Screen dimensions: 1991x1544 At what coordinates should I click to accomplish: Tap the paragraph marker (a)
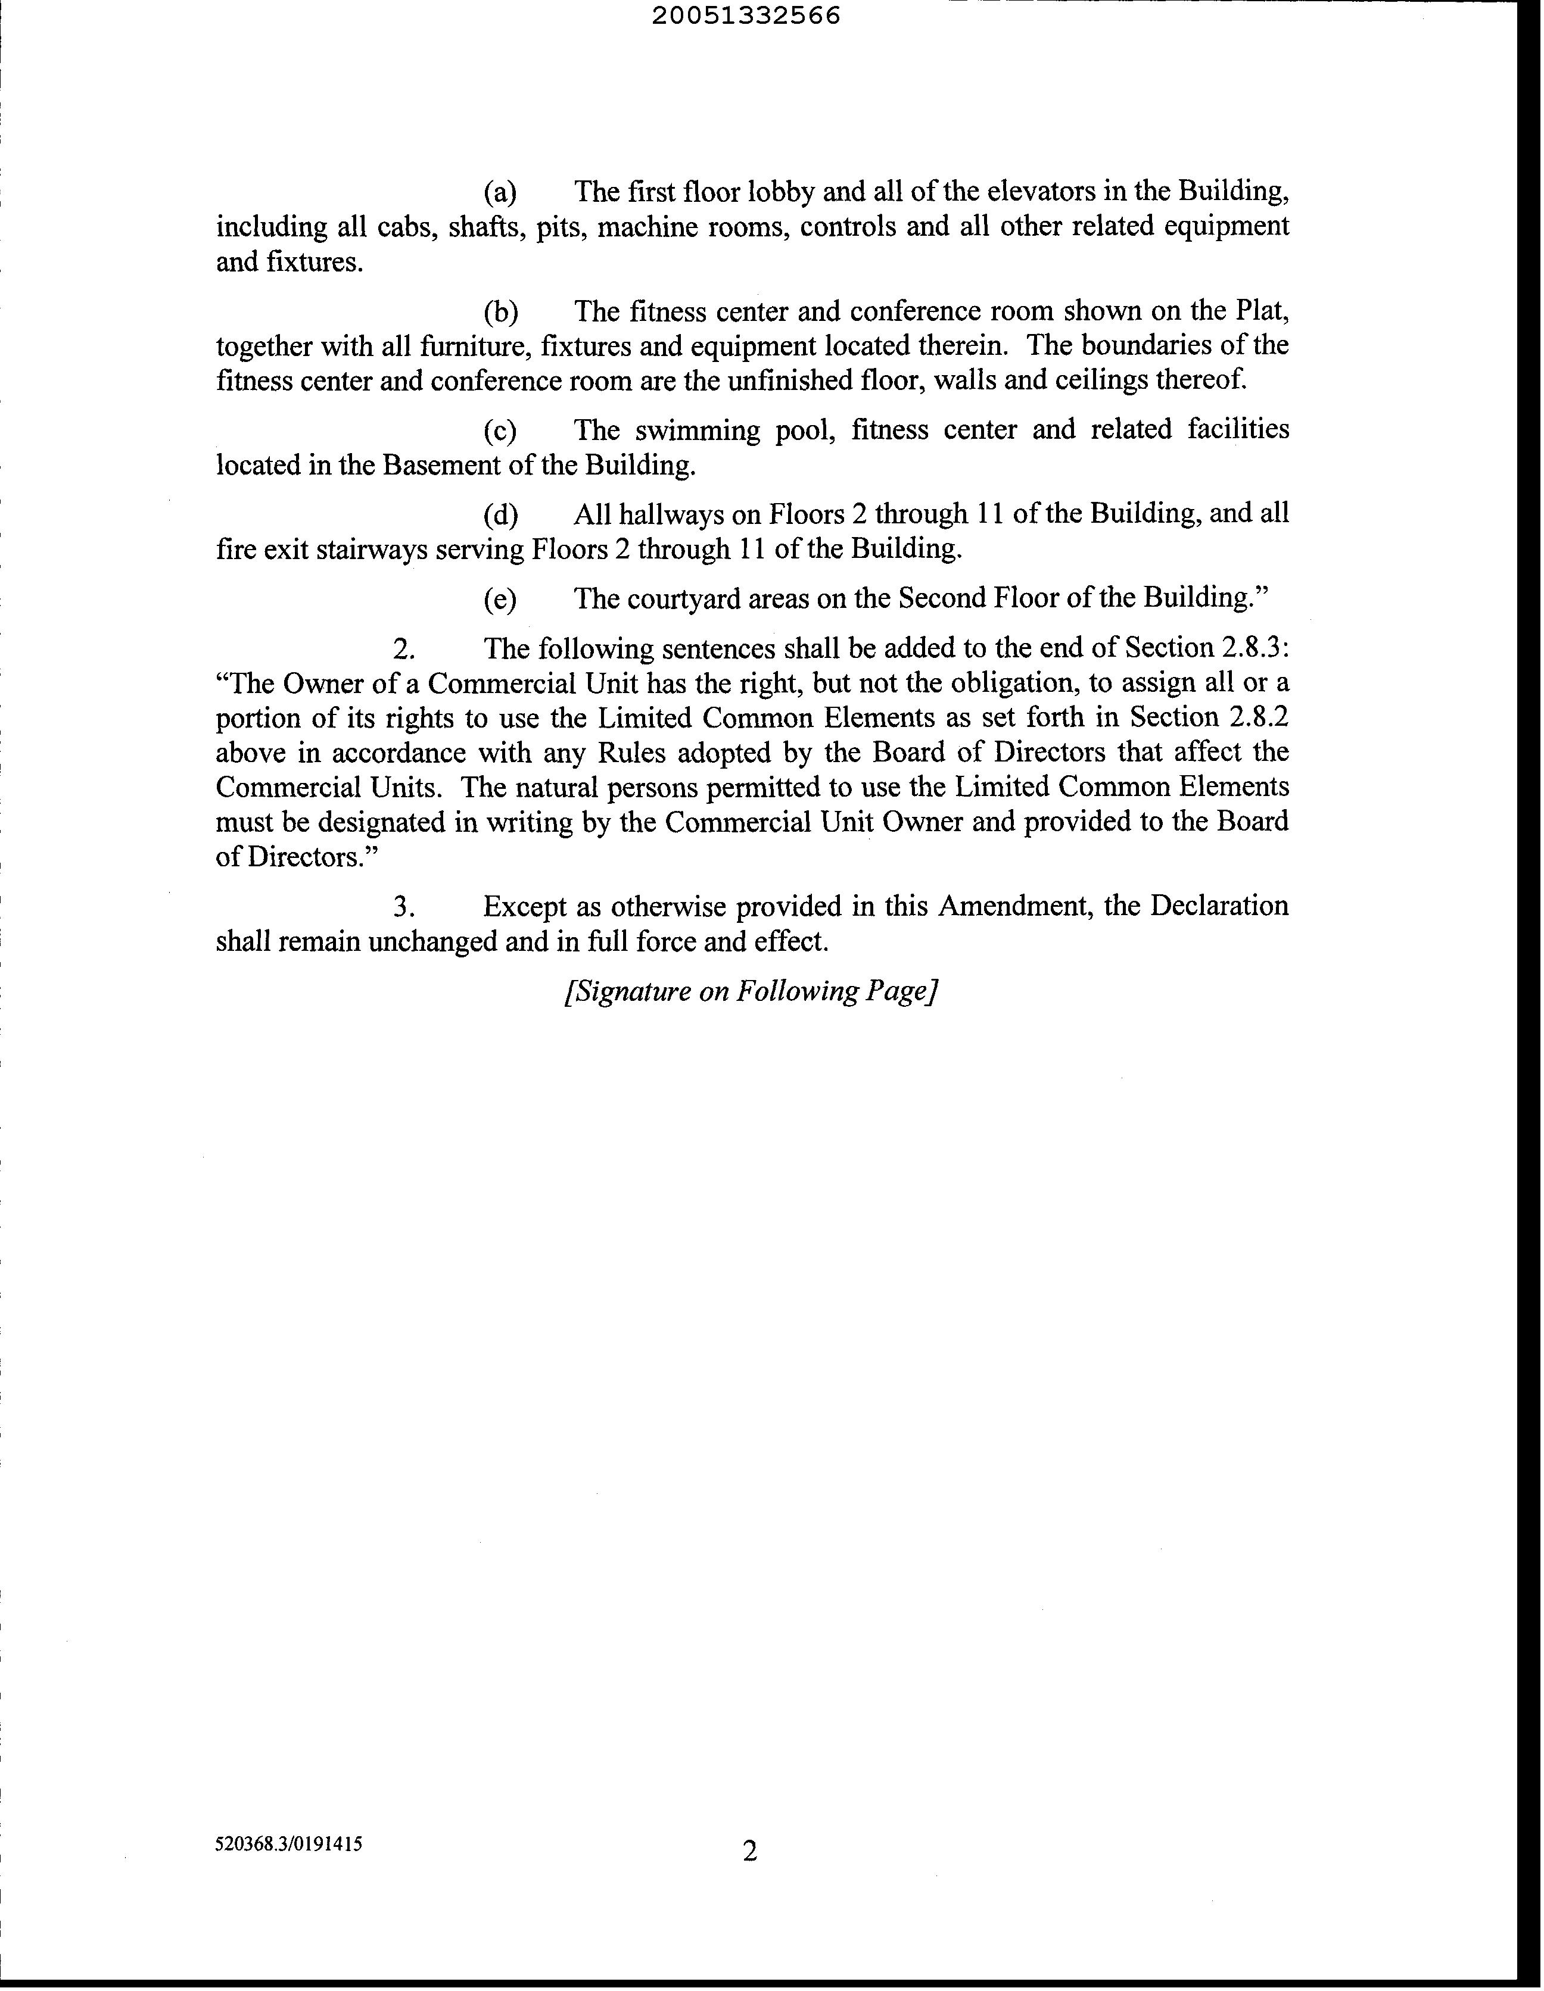tap(500, 192)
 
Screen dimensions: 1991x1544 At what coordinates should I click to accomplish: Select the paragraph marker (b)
tap(500, 313)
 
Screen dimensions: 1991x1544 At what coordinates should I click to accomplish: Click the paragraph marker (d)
tap(500, 515)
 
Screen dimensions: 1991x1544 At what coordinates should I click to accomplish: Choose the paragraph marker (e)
tap(500, 600)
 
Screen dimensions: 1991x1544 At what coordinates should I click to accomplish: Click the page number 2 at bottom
tap(749, 1852)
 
